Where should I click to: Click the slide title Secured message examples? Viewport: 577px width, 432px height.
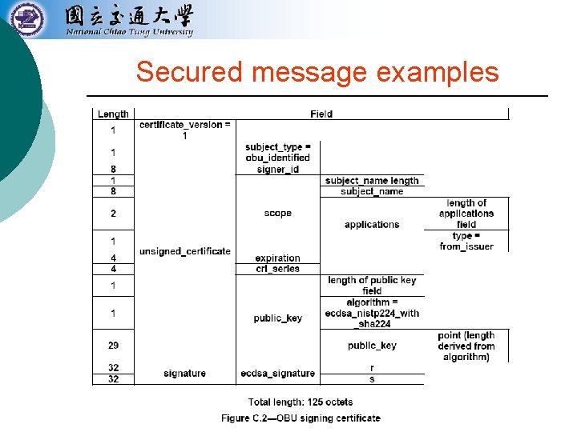click(317, 72)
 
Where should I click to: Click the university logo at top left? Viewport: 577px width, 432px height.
click(28, 18)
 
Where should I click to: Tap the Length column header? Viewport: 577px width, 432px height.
click(113, 114)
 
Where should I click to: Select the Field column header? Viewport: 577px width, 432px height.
click(321, 114)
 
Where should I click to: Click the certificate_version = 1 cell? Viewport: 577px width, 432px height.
click(184, 130)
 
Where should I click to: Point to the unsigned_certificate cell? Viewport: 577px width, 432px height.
click(184, 251)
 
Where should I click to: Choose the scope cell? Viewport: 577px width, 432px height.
click(277, 214)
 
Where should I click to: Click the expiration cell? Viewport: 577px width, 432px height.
click(277, 258)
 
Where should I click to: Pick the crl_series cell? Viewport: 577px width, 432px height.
click(277, 269)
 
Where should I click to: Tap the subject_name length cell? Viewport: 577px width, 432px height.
click(372, 181)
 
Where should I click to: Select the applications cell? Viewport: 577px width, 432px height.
click(372, 225)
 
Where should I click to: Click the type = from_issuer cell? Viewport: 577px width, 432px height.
click(466, 241)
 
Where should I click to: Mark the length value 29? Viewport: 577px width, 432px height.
click(113, 346)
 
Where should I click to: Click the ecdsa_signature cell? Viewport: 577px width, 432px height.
click(277, 374)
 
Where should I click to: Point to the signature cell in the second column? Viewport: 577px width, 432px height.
click(184, 374)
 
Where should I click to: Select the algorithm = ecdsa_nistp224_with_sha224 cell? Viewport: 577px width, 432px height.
click(372, 314)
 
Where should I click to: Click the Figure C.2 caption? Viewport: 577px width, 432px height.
click(301, 418)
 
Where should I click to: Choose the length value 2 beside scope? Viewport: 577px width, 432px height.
click(113, 214)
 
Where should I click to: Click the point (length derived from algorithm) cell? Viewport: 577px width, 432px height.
click(466, 346)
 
